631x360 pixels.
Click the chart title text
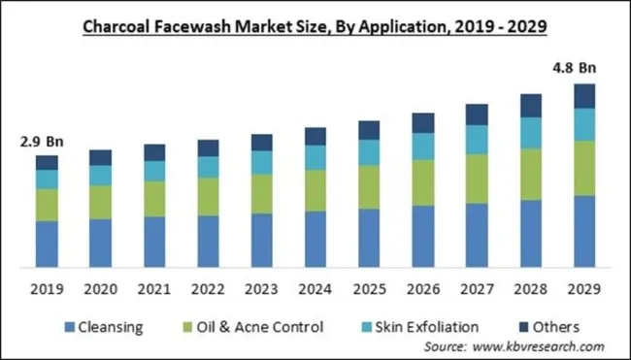[315, 25]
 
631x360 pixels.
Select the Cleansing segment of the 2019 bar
[47, 244]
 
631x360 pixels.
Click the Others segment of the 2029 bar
[582, 96]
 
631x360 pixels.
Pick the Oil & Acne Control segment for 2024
[315, 191]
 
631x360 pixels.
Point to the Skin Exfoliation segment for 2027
[476, 140]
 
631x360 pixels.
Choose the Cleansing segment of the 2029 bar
[582, 231]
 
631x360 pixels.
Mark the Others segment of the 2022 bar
[208, 147]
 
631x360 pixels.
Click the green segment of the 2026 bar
[422, 182]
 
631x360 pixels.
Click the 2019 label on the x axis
[47, 288]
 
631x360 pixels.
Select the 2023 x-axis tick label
[261, 288]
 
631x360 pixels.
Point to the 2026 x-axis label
[422, 288]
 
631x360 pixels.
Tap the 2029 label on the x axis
[582, 288]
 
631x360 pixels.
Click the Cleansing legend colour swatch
[69, 327]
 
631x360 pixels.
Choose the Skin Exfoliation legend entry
[426, 327]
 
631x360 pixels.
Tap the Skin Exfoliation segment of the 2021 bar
[154, 171]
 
